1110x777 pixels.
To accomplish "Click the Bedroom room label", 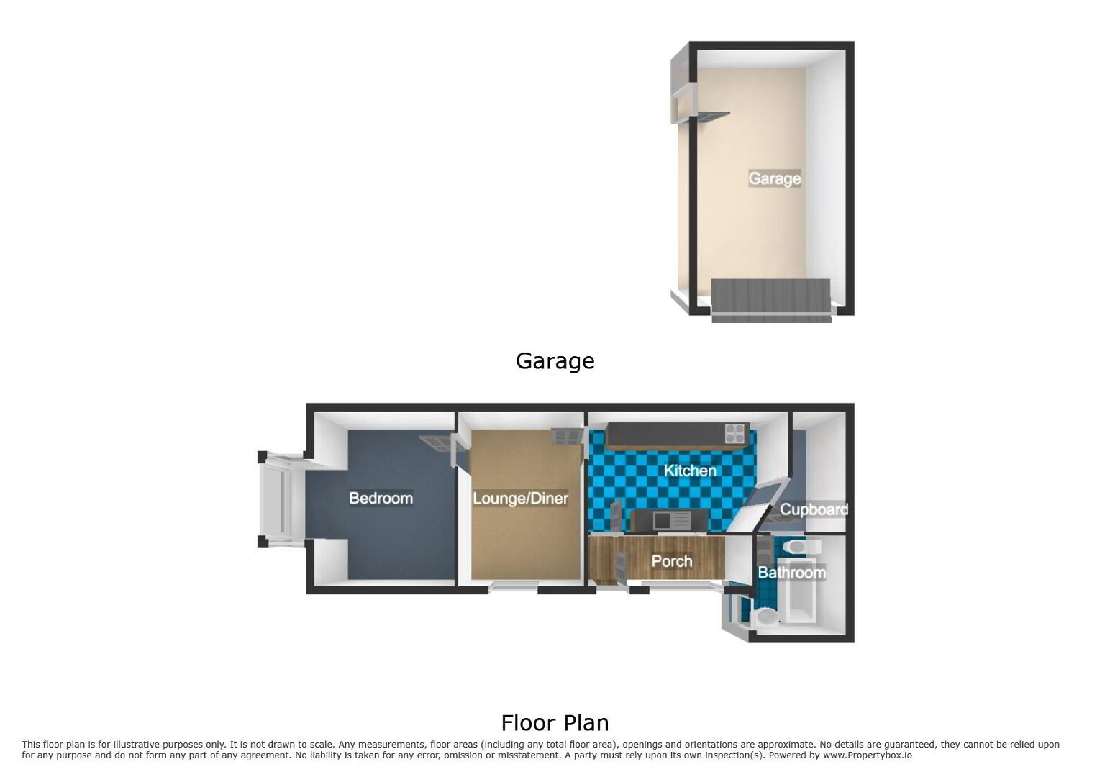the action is pyautogui.click(x=381, y=498).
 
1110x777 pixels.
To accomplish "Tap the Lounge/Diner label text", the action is pyautogui.click(x=520, y=498).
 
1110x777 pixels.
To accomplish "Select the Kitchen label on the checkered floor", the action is pyautogui.click(x=690, y=471).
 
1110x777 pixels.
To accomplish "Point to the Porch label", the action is pyautogui.click(x=671, y=561).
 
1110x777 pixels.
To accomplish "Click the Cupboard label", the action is pyautogui.click(x=814, y=509).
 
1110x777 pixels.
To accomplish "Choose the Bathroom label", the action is pyautogui.click(x=791, y=573).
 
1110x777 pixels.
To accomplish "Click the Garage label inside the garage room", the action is pyautogui.click(x=775, y=178).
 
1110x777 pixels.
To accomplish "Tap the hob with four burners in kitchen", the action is pyautogui.click(x=734, y=433).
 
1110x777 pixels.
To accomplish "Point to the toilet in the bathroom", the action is pyautogui.click(x=803, y=547).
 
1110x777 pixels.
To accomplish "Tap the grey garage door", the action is pyautogui.click(x=771, y=300).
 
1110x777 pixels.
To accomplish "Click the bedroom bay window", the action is pyautogui.click(x=281, y=499).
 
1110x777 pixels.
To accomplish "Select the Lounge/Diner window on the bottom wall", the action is pyautogui.click(x=514, y=586).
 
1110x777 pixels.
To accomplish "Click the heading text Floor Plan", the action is pyautogui.click(x=555, y=723).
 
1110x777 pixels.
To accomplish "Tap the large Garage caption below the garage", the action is pyautogui.click(x=555, y=361).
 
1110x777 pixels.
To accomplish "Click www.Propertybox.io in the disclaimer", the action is pyautogui.click(x=867, y=755).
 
